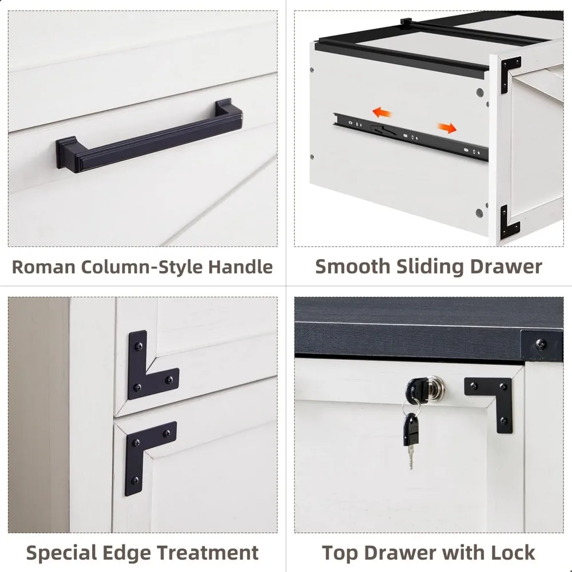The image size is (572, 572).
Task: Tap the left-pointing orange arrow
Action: (x=380, y=111)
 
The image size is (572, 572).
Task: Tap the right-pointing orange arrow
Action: (x=447, y=128)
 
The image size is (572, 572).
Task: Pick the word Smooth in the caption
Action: (x=349, y=267)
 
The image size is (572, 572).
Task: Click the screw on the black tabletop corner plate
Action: (x=539, y=345)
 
